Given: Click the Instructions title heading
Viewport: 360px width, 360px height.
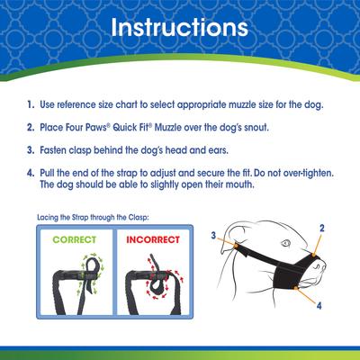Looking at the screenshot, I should [x=180, y=28].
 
